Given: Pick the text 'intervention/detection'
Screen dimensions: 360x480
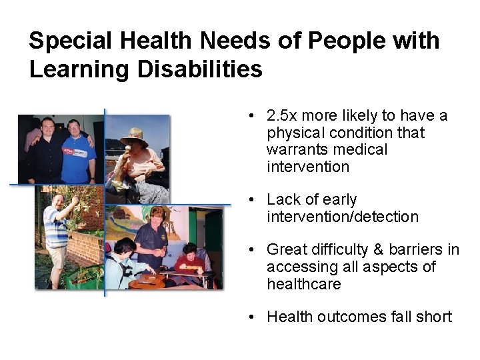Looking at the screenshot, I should click(x=343, y=217).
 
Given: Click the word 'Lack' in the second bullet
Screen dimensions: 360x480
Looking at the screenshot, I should click(x=283, y=200).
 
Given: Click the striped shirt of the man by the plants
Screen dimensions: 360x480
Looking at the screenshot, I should click(x=57, y=230).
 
